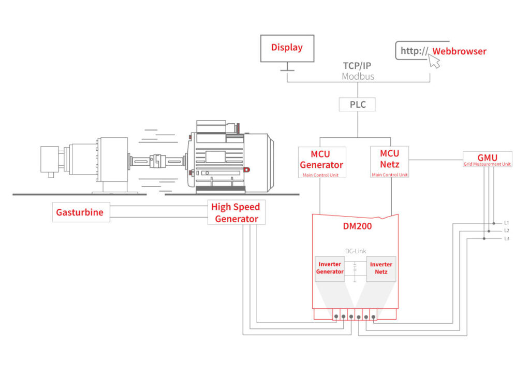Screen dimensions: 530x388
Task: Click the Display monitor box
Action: click(287, 48)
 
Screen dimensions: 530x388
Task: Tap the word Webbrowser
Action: click(460, 51)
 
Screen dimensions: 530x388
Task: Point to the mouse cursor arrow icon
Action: click(434, 61)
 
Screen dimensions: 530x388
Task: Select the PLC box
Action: click(357, 105)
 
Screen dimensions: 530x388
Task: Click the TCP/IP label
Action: click(357, 66)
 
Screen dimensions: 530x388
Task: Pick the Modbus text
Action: click(358, 77)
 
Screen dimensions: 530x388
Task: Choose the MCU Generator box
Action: click(322, 162)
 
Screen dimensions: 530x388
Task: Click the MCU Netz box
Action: click(389, 162)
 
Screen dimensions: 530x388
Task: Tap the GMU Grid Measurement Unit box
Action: click(487, 160)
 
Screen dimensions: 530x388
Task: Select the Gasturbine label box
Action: click(81, 212)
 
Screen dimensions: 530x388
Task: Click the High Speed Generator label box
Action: click(236, 212)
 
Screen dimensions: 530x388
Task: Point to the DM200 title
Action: click(357, 226)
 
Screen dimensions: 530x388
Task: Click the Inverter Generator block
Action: click(330, 269)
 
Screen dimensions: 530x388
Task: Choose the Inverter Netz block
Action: click(381, 269)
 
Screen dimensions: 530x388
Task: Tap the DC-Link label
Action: click(356, 251)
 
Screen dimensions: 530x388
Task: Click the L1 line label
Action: click(506, 223)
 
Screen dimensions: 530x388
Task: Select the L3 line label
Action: click(506, 238)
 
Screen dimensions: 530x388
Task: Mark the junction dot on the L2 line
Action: click(489, 231)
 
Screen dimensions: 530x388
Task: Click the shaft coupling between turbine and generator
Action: click(157, 161)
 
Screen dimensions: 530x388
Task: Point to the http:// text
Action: click(415, 51)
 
